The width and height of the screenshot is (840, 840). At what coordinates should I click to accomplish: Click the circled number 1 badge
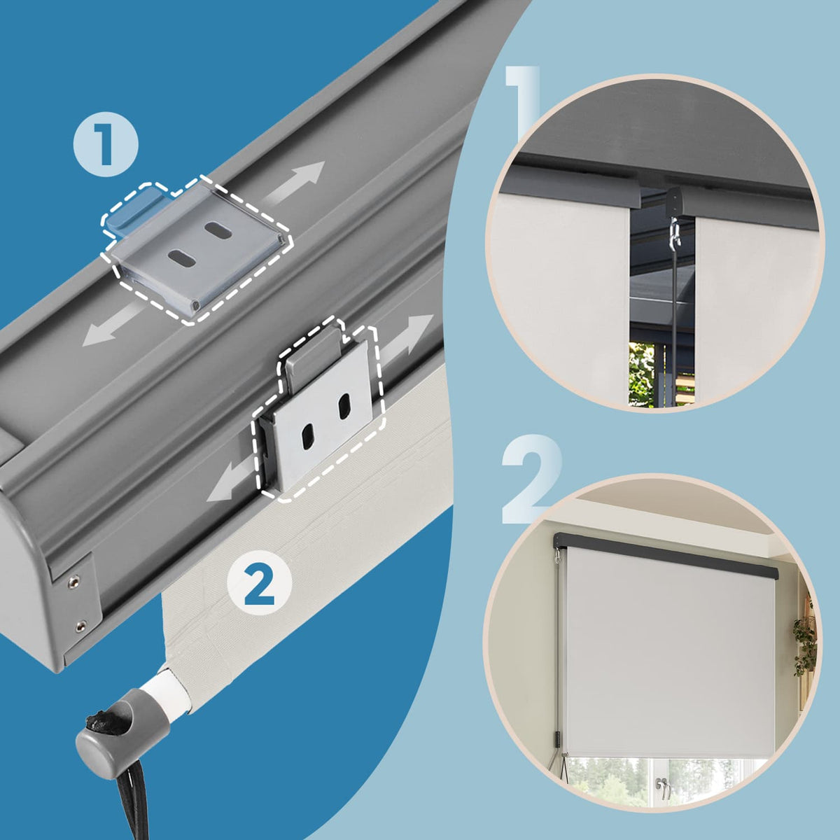coord(106,144)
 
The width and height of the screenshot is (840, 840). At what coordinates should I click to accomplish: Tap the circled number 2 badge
coord(260,584)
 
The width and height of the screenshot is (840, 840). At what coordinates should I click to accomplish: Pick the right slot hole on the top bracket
coord(218,230)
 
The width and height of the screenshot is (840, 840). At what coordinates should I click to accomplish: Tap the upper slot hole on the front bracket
coord(344,405)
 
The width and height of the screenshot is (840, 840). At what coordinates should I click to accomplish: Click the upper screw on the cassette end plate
coord(73,581)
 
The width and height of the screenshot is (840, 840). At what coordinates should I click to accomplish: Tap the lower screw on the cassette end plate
coord(80,626)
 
